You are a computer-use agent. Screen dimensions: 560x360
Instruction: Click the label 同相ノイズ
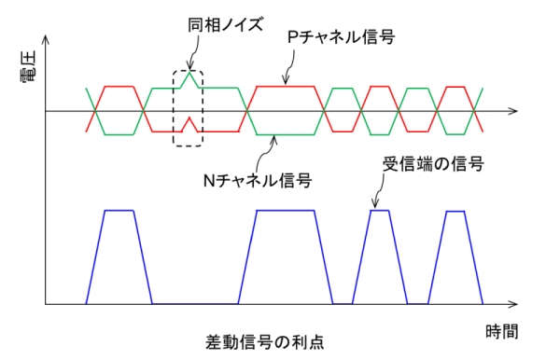pyautogui.click(x=225, y=25)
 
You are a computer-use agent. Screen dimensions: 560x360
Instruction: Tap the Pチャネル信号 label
pyautogui.click(x=341, y=37)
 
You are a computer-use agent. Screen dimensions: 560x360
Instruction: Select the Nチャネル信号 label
pyautogui.click(x=258, y=181)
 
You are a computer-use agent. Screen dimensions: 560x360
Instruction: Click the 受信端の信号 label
pyautogui.click(x=433, y=164)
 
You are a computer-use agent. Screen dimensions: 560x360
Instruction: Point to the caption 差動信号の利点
pyautogui.click(x=265, y=342)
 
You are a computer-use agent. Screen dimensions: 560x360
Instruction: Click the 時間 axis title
pyautogui.click(x=502, y=332)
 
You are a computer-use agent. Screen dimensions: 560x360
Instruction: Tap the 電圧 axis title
pyautogui.click(x=29, y=67)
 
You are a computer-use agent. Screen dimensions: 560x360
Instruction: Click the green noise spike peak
pyautogui.click(x=189, y=72)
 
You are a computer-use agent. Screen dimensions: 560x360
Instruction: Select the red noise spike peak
pyautogui.click(x=189, y=118)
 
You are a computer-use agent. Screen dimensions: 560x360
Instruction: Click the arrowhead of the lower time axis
pyautogui.click(x=513, y=304)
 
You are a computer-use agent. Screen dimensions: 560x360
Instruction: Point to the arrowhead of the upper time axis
pyautogui.click(x=513, y=111)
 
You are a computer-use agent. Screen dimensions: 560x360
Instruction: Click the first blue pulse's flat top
pyautogui.click(x=119, y=211)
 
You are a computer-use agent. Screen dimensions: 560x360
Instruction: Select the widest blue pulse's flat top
pyautogui.click(x=286, y=211)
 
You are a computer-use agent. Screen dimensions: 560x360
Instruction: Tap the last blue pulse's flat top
pyautogui.click(x=455, y=211)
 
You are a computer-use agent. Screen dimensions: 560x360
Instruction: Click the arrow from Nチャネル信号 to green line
pyautogui.click(x=264, y=153)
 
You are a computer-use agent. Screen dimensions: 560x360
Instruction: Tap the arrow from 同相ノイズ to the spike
pyautogui.click(x=195, y=51)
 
